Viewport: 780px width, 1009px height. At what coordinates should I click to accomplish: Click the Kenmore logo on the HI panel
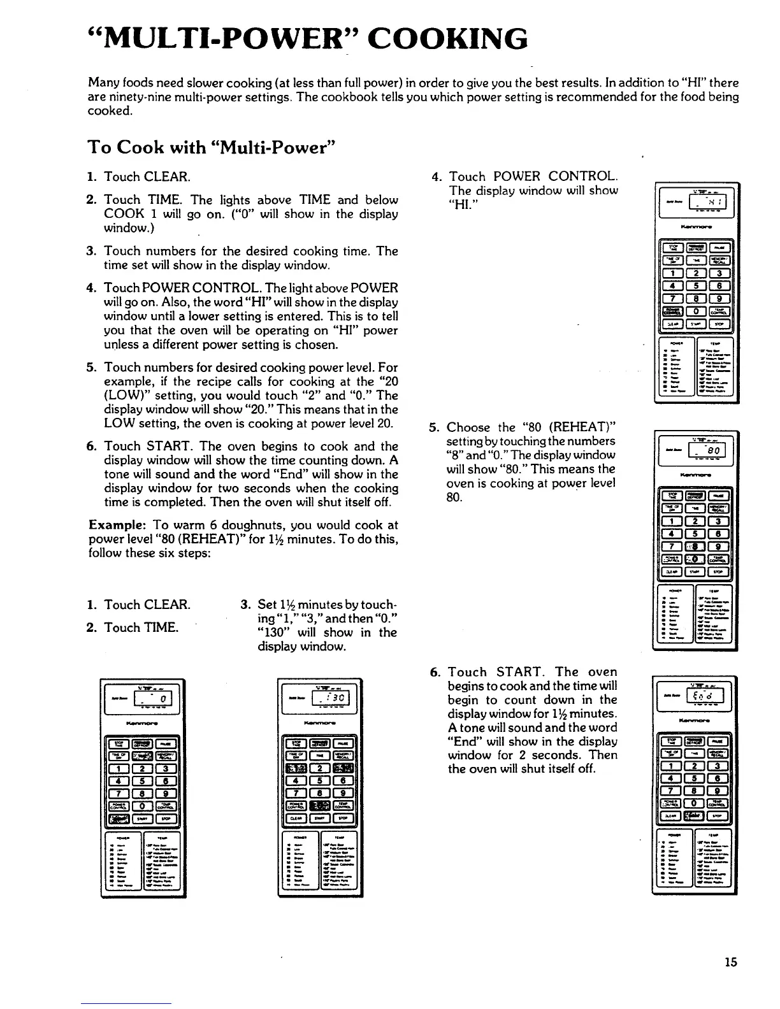(695, 225)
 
